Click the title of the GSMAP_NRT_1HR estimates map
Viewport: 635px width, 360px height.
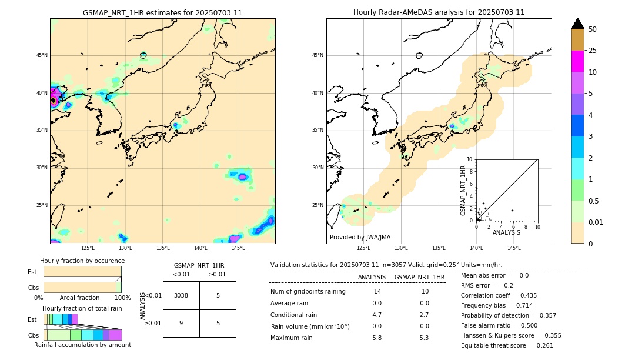pyautogui.click(x=162, y=12)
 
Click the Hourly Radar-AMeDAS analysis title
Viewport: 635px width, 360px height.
pyautogui.click(x=439, y=12)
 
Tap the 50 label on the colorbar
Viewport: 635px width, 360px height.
pyautogui.click(x=593, y=29)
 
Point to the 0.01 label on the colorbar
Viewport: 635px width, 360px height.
pyautogui.click(x=596, y=222)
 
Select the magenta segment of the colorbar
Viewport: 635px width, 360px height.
pyautogui.click(x=577, y=61)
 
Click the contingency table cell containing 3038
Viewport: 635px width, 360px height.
pyautogui.click(x=181, y=295)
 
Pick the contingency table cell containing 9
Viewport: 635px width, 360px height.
pyautogui.click(x=181, y=323)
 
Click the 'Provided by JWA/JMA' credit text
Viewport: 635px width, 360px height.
pyautogui.click(x=360, y=238)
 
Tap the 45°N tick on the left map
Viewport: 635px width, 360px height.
pyautogui.click(x=42, y=55)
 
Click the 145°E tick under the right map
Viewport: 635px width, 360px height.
pyautogui.click(x=514, y=248)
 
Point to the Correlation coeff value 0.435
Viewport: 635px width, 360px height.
pyautogui.click(x=524, y=295)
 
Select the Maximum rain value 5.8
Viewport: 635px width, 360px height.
pyautogui.click(x=377, y=338)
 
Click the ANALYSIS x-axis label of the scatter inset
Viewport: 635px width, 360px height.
pyautogui.click(x=506, y=233)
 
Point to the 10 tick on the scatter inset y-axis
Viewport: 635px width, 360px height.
pyautogui.click(x=470, y=159)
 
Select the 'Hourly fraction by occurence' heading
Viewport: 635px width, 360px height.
pyautogui.click(x=82, y=261)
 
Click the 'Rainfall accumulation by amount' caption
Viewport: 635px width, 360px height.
pyautogui.click(x=82, y=345)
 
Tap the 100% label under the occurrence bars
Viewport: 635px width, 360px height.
pyautogui.click(x=122, y=298)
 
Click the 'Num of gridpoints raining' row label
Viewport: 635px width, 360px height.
pyautogui.click(x=308, y=291)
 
